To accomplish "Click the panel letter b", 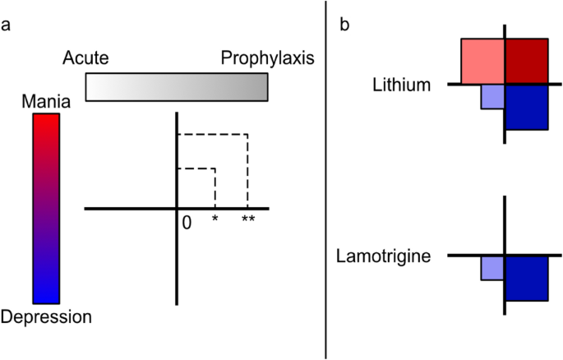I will (x=345, y=25).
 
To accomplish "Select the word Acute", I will (x=85, y=58).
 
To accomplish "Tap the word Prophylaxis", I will (x=268, y=58).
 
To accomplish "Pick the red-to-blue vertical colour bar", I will (x=46, y=209).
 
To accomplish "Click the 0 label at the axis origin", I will (x=187, y=222).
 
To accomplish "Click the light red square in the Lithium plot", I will (x=482, y=61).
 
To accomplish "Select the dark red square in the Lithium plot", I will (x=526, y=61).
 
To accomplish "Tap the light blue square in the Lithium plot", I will (x=492, y=97).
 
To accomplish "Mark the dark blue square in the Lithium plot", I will (x=526, y=107).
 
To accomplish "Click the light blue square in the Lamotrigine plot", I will (x=492, y=268).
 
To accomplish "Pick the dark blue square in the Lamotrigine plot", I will (x=526, y=278).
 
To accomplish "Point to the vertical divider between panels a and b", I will (x=327, y=180).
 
